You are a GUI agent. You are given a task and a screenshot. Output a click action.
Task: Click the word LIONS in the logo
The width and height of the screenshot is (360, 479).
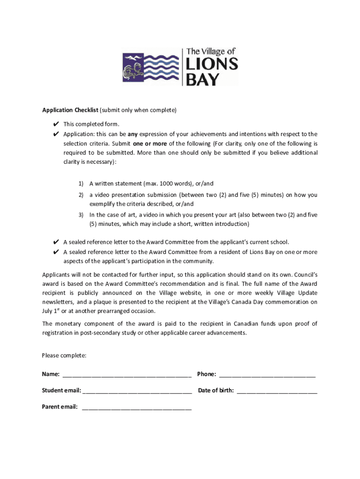pos(212,64)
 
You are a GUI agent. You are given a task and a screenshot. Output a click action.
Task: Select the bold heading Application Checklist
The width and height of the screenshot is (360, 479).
pos(70,110)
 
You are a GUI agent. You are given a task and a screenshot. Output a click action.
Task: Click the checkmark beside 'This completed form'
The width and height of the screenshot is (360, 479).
pos(56,124)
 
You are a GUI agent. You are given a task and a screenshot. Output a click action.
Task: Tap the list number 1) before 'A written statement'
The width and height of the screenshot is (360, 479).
pos(81,184)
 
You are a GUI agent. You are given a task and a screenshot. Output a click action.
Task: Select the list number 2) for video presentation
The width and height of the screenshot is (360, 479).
pos(81,195)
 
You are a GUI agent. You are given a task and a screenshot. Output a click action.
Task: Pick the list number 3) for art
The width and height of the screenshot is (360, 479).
pos(81,215)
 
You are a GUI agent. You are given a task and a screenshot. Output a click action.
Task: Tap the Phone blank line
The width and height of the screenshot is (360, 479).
pos(267,375)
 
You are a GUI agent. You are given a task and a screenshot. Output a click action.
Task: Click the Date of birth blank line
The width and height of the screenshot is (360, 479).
pos(277,391)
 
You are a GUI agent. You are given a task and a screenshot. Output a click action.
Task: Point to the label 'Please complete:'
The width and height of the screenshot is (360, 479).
pos(64,356)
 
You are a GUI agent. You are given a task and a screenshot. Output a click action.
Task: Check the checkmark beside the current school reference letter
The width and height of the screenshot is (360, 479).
pos(56,242)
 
